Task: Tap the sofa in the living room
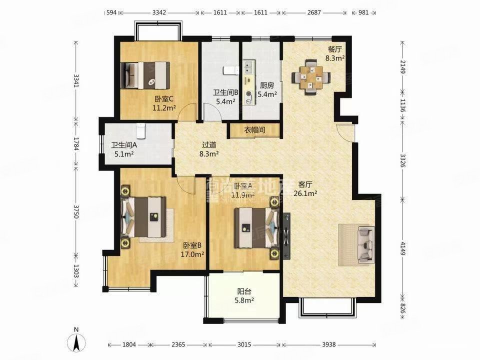(366, 245)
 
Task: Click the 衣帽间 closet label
(254, 130)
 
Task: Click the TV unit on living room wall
(286, 235)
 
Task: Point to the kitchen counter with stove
(248, 82)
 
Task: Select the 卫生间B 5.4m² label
(225, 96)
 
